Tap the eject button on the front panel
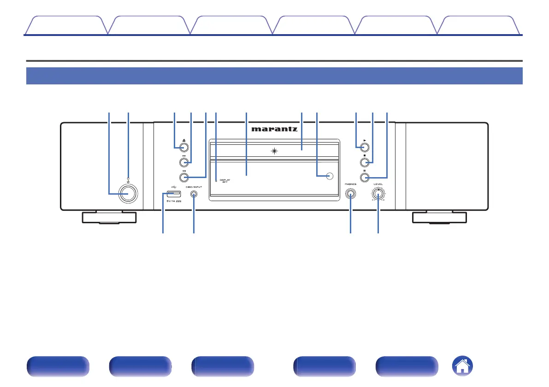pos(183,148)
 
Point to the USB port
pos(171,194)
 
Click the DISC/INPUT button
pos(193,194)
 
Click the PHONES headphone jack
pos(350,195)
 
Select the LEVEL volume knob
pos(378,195)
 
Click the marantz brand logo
pos(274,130)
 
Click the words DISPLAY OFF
pos(224,181)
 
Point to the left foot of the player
pos(109,217)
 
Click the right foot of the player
pos(439,217)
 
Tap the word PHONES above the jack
pos(350,184)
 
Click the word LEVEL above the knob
pos(378,184)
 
